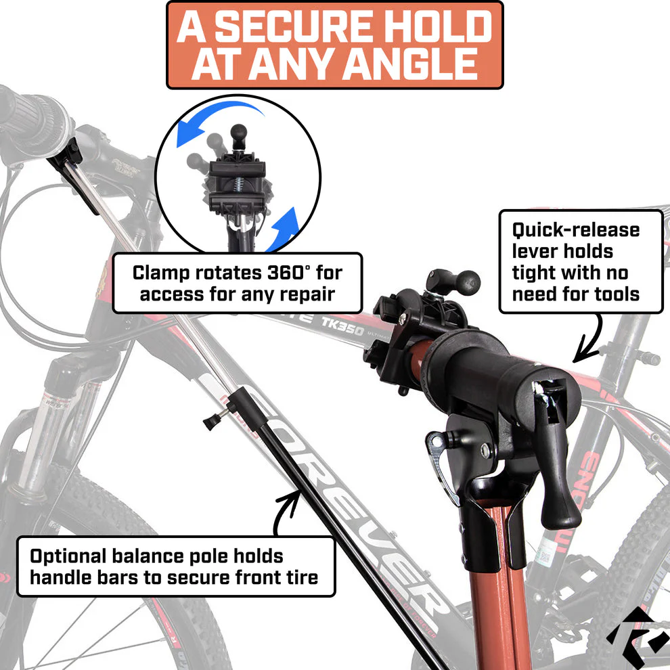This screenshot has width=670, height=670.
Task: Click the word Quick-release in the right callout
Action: [575, 230]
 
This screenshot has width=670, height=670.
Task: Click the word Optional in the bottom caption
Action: [68, 557]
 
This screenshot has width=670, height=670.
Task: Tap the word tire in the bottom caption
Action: [305, 577]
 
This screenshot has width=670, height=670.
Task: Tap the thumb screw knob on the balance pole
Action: [213, 420]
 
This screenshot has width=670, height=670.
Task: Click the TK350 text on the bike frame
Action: [342, 326]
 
